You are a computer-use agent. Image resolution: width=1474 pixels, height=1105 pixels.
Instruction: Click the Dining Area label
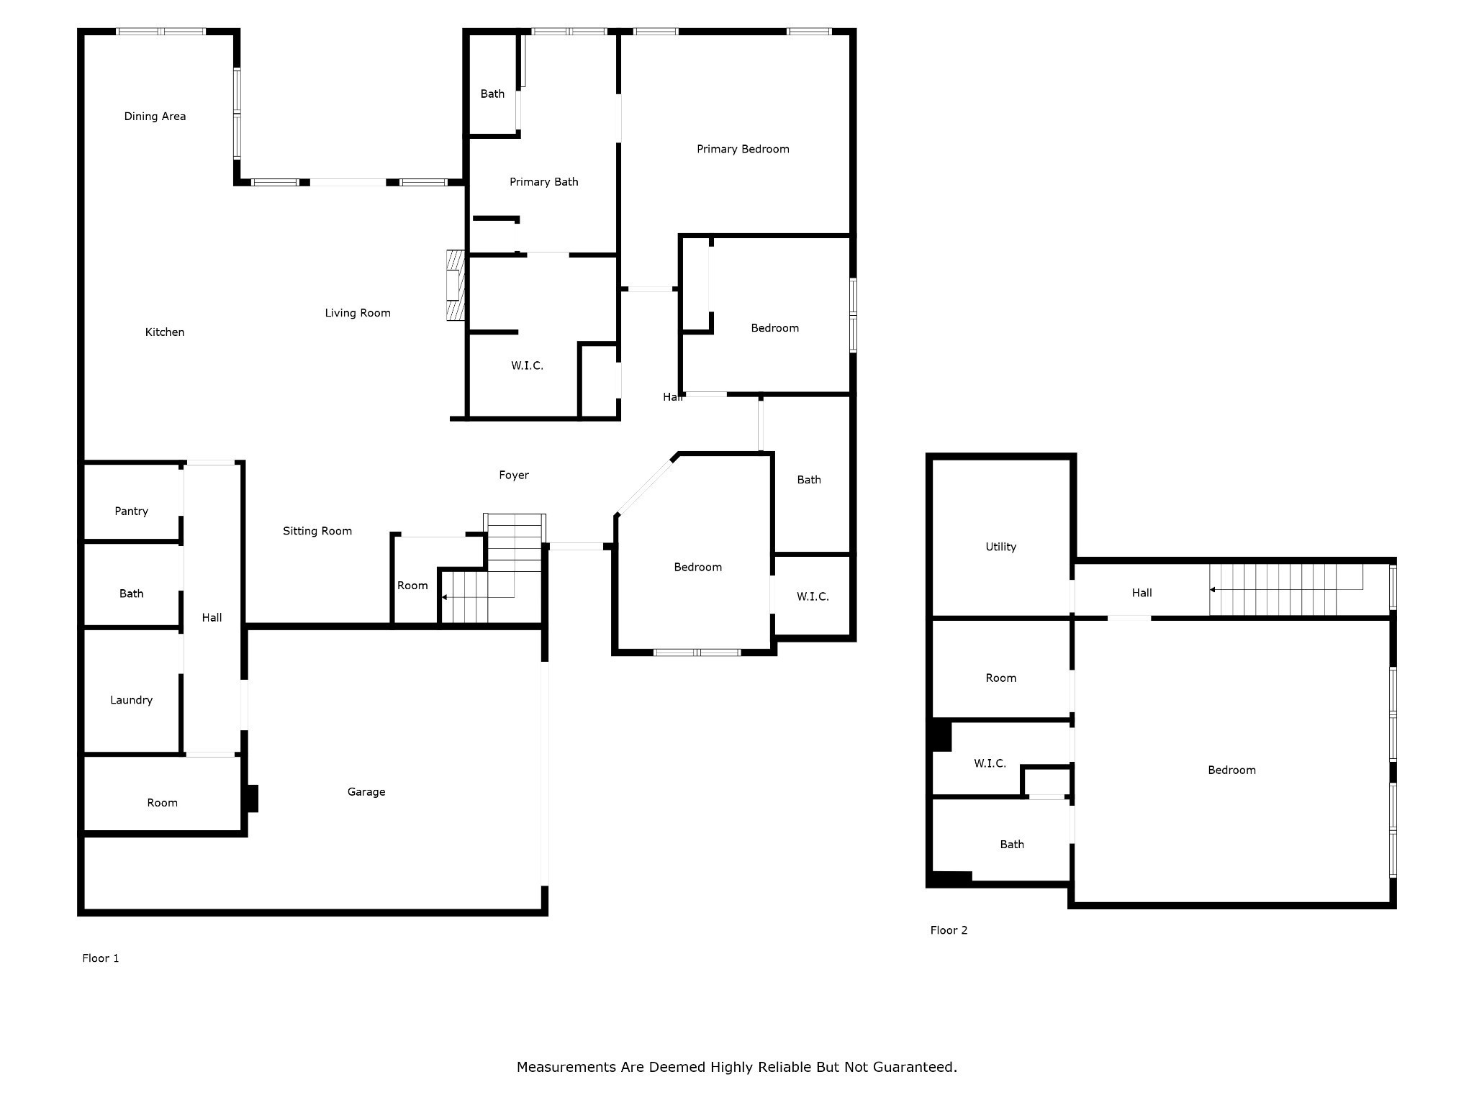click(x=155, y=117)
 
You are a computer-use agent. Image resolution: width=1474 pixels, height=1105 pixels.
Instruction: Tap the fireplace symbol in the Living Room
click(x=456, y=285)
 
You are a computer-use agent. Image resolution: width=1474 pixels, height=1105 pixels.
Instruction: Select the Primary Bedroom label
click(x=743, y=149)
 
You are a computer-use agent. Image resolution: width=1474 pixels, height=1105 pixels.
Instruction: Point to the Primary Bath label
click(x=543, y=182)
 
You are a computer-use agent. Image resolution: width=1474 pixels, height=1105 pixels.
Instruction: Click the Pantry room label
click(x=131, y=511)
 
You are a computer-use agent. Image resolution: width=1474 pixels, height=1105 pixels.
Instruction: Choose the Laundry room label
click(x=131, y=700)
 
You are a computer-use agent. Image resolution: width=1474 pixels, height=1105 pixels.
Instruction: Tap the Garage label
click(x=366, y=792)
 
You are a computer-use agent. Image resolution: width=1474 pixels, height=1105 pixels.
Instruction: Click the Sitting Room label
click(x=317, y=531)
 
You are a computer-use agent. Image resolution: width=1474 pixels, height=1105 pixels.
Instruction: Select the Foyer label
click(x=513, y=475)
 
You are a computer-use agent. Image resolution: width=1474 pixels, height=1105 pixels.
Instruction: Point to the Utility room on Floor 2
click(x=1000, y=547)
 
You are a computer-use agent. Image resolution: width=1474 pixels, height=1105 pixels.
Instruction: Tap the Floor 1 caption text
click(x=100, y=958)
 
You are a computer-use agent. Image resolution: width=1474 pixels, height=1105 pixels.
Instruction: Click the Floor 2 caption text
click(x=949, y=930)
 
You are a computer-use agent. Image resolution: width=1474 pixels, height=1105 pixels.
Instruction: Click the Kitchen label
click(x=164, y=332)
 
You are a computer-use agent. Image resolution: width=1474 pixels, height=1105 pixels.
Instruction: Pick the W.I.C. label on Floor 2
click(x=990, y=763)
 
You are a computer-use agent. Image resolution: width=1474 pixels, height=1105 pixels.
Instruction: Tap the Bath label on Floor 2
click(x=1011, y=845)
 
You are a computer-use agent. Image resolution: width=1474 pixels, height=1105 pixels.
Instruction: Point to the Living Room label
click(x=357, y=313)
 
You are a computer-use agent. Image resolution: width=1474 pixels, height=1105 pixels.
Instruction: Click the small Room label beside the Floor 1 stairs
click(x=412, y=586)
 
